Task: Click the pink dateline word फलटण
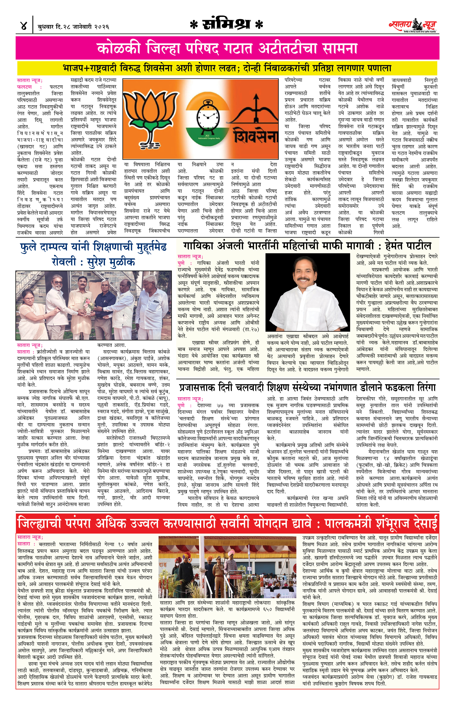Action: click(x=25, y=87)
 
